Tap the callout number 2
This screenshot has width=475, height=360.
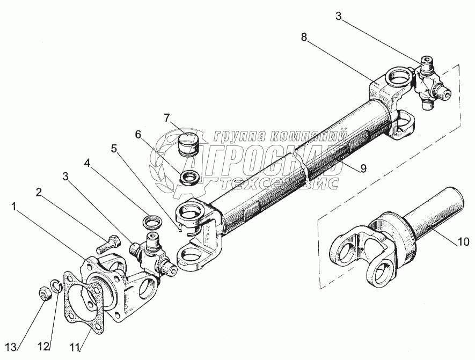tap(39, 191)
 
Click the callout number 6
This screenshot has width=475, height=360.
tap(138, 135)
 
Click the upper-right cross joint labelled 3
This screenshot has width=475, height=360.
tap(430, 82)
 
